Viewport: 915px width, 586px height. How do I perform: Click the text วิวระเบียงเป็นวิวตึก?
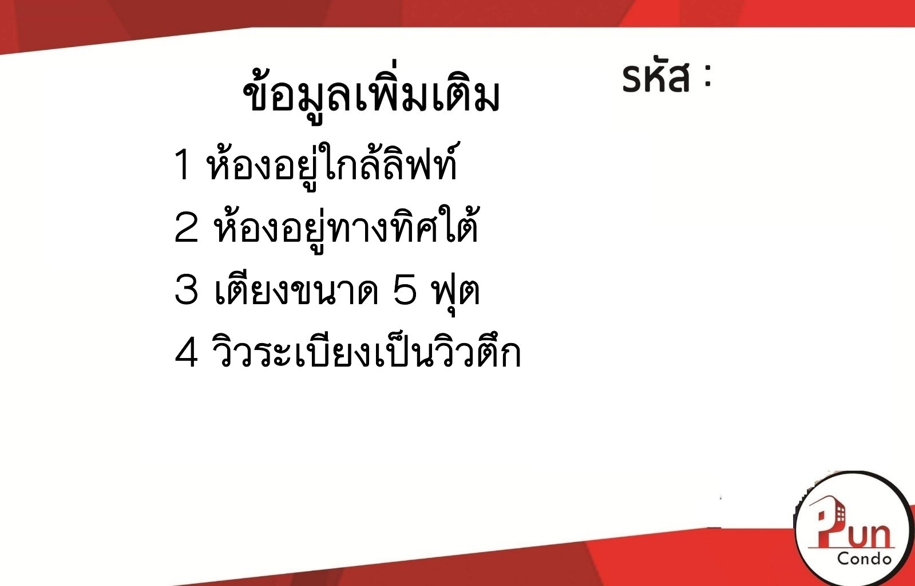click(366, 352)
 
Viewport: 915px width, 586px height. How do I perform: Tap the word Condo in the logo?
click(864, 558)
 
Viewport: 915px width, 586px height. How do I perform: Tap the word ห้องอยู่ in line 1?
click(262, 166)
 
